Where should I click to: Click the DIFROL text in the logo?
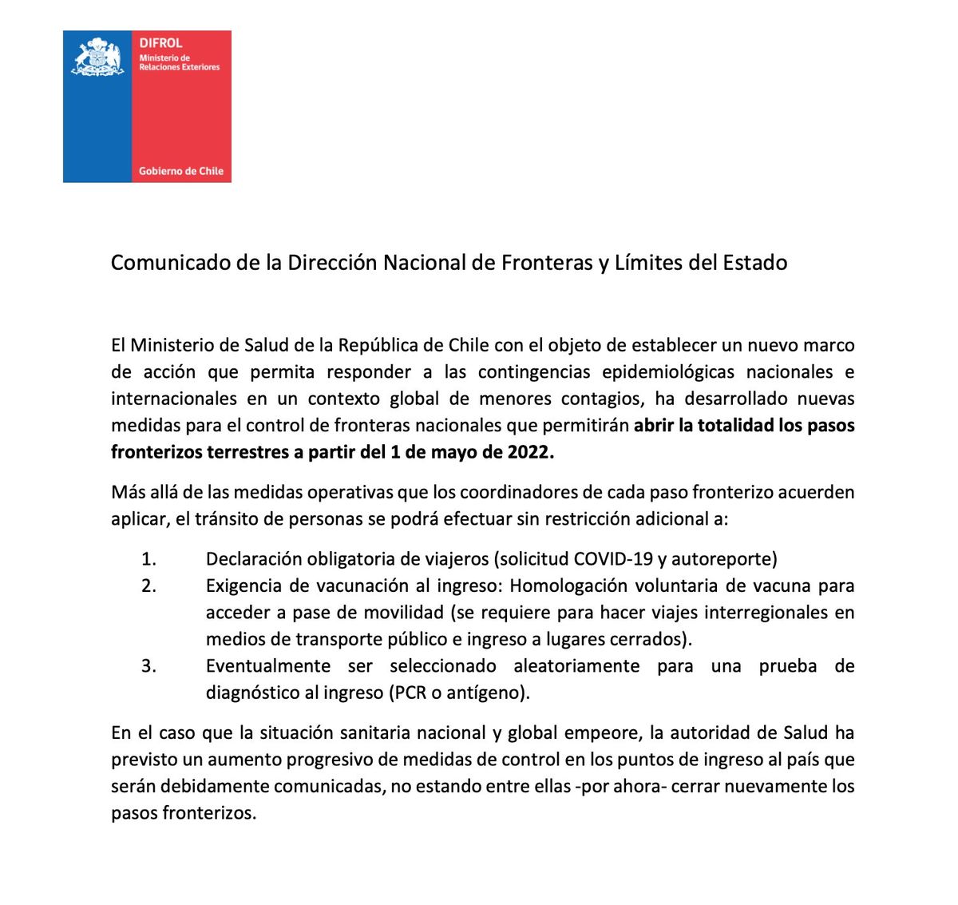160,43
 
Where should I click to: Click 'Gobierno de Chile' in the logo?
181,171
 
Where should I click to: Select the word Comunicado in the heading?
171,263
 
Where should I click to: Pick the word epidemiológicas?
668,372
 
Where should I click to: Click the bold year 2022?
528,452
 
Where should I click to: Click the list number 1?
148,559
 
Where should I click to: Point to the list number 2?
148,585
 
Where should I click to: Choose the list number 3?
148,666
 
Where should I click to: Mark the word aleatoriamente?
576,666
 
